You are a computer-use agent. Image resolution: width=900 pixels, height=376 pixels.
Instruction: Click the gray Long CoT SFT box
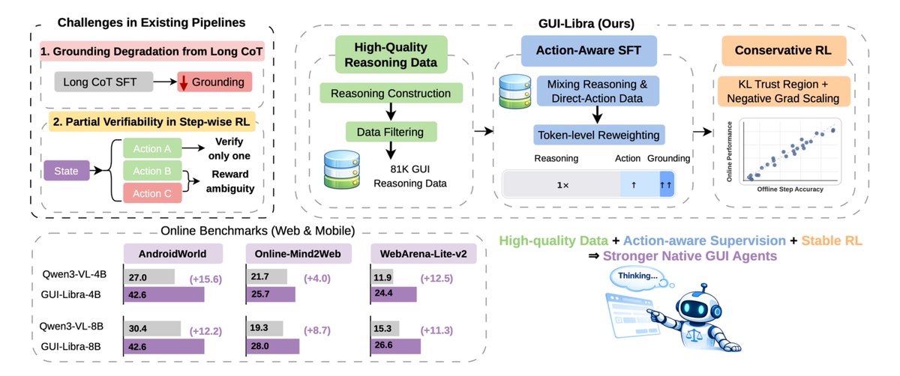100,82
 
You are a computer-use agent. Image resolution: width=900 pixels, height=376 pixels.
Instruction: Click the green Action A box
152,148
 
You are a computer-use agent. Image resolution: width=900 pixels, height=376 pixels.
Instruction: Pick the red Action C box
152,193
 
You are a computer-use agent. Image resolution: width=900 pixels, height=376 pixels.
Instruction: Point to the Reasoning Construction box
391,94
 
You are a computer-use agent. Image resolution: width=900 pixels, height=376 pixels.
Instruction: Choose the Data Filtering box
391,132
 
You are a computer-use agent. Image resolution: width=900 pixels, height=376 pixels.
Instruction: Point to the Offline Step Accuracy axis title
791,189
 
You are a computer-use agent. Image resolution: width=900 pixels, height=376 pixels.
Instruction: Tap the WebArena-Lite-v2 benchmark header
424,252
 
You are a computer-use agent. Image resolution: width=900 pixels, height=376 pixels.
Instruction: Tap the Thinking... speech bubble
638,276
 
